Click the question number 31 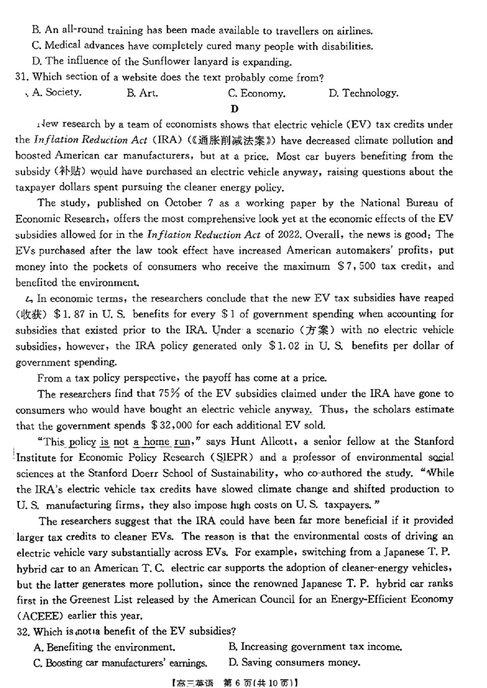[22, 77]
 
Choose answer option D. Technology [363, 93]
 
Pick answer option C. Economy [256, 93]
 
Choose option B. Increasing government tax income [315, 647]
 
